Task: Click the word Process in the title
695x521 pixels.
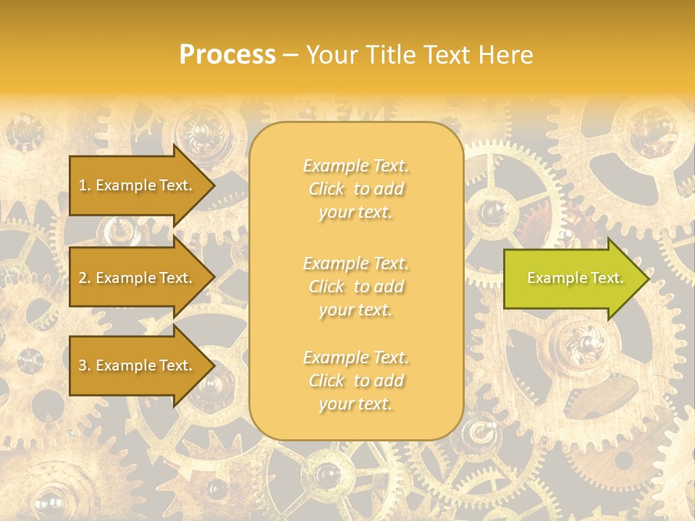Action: (227, 55)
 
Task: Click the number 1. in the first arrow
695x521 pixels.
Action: (85, 185)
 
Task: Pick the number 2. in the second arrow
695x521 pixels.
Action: (85, 278)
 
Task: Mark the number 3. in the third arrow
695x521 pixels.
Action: (85, 365)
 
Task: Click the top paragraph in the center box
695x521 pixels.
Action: (355, 189)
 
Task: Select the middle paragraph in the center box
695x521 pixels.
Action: (355, 287)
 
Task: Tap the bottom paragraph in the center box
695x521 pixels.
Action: (355, 381)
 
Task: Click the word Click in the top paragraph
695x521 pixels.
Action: (327, 190)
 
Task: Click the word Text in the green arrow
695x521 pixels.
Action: (607, 278)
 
